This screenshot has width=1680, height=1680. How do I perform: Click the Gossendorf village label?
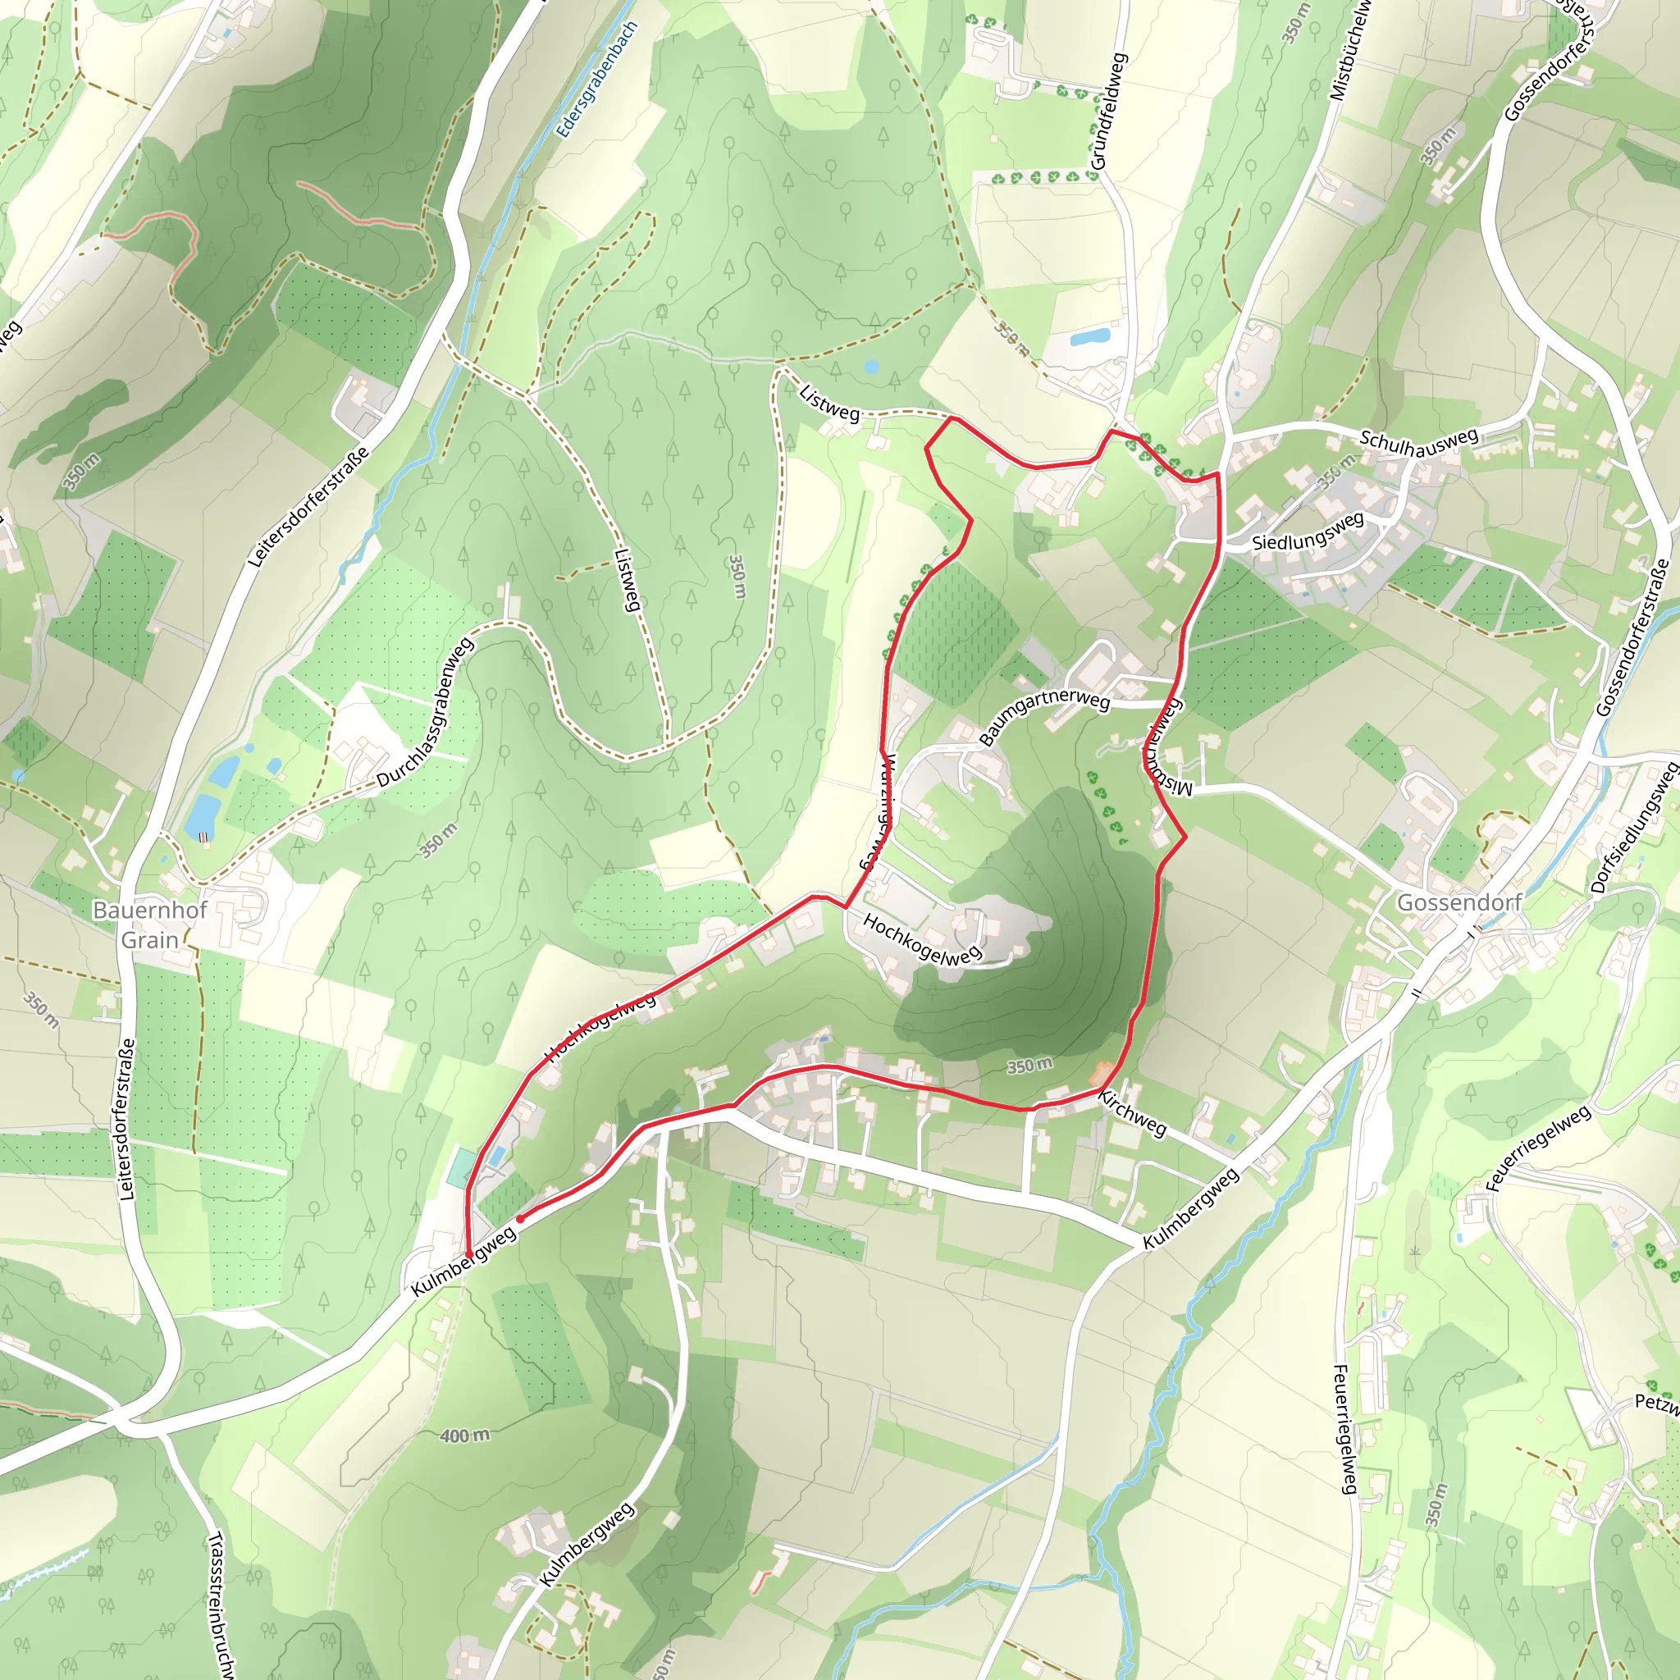[1459, 902]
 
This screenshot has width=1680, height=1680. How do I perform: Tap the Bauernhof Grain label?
[149, 925]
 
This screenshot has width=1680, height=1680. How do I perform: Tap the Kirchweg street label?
[1131, 1113]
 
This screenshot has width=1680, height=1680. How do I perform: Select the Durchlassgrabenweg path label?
[426, 713]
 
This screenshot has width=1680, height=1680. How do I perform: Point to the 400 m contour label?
[464, 1436]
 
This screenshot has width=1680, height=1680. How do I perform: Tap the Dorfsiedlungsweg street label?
[1634, 828]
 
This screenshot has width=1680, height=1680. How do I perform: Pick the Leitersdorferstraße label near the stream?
[308, 508]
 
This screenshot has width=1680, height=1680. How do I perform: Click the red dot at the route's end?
[519, 1219]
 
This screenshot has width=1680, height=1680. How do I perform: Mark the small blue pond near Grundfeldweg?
[1089, 336]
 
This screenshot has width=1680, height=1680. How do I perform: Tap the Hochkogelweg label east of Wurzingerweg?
[922, 939]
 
